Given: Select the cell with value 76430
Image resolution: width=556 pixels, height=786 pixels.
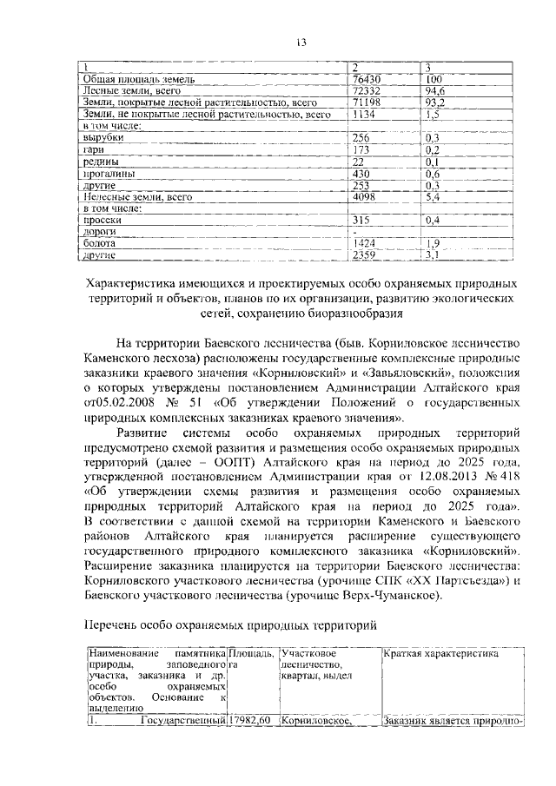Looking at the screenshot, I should pyautogui.click(x=365, y=80).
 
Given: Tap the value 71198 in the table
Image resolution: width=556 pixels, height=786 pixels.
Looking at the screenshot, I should pyautogui.click(x=365, y=102).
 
